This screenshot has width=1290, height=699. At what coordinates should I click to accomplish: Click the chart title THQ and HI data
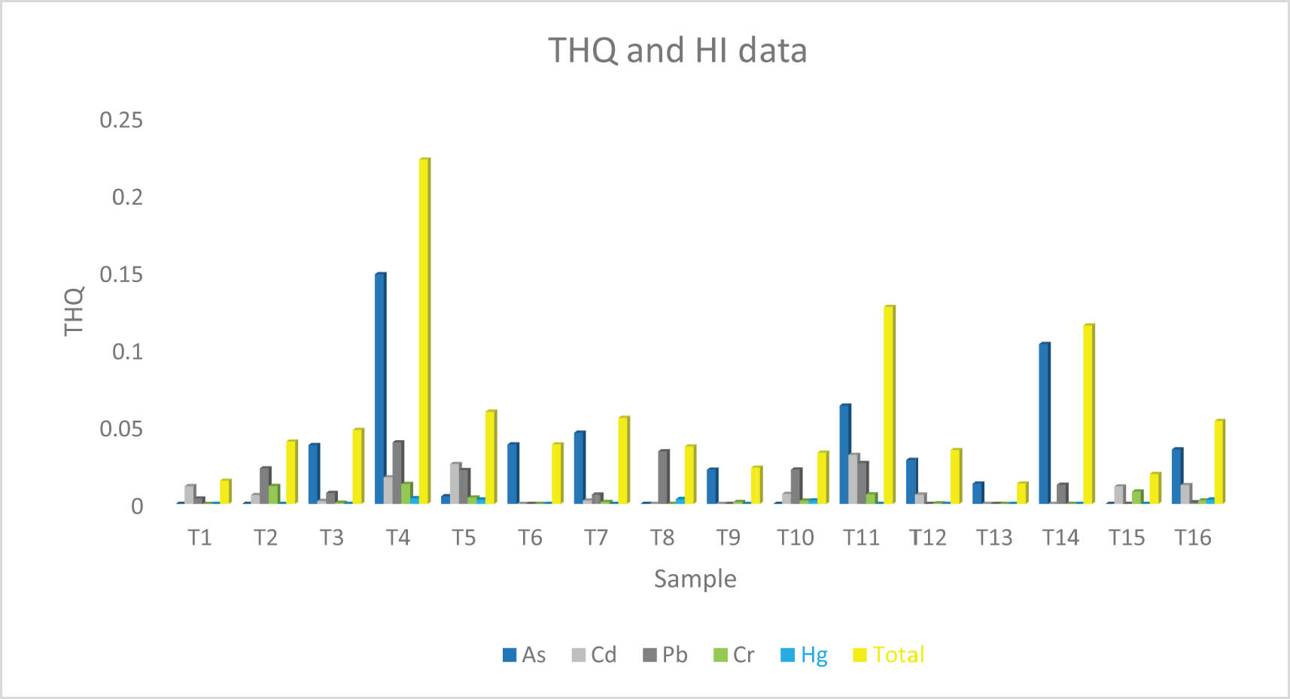pos(677,50)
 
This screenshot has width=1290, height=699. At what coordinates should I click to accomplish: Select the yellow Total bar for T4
pos(424,331)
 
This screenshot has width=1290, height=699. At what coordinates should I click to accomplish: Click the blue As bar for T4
pos(380,388)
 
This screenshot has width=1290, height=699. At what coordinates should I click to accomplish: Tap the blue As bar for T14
pos(1044,423)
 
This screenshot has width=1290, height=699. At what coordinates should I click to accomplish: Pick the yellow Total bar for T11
pos(889,405)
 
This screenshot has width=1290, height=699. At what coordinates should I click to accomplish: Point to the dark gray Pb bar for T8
pos(663,476)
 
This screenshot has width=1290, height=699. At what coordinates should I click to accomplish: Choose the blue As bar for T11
pos(844,454)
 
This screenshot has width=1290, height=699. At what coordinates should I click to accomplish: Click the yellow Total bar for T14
pos(1088,414)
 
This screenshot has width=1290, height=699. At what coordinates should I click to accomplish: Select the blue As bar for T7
pos(579,467)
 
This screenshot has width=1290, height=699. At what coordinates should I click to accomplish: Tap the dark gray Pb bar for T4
pos(397,472)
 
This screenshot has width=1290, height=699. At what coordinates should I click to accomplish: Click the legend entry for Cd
pos(594,655)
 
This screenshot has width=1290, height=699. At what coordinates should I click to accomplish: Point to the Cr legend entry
pos(734,655)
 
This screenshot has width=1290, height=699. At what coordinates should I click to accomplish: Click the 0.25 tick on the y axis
pos(121,120)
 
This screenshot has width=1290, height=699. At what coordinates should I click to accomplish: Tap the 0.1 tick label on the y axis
pos(127,351)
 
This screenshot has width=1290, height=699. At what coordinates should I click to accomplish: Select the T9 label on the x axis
pos(728,537)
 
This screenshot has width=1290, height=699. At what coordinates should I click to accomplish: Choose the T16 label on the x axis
pos(1193,537)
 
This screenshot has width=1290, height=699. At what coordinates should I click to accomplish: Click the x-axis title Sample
pos(695,579)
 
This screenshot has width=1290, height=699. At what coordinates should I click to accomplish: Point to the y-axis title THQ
pos(74,312)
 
